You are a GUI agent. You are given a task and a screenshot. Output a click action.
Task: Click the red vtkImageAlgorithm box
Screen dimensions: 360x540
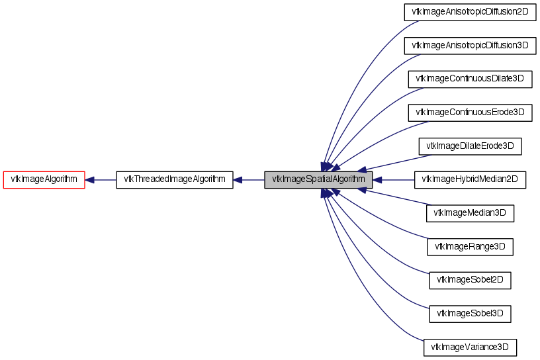pyautogui.click(x=44, y=180)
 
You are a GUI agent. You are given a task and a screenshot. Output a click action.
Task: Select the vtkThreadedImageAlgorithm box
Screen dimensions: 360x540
pyautogui.click(x=175, y=180)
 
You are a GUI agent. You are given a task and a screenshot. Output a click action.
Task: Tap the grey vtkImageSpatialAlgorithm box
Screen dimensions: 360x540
pyautogui.click(x=318, y=180)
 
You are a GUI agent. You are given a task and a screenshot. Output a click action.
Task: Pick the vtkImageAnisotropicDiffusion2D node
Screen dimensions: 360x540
pyautogui.click(x=470, y=12)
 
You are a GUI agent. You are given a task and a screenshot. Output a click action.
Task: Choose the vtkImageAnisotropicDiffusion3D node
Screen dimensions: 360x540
pyautogui.click(x=470, y=46)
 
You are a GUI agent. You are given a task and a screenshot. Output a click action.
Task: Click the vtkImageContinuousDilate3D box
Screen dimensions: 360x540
pyautogui.click(x=470, y=79)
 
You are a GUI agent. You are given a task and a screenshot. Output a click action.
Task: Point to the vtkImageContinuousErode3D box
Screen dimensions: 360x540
pyautogui.click(x=470, y=112)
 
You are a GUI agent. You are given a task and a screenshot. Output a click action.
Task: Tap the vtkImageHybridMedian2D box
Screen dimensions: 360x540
pyautogui.click(x=470, y=180)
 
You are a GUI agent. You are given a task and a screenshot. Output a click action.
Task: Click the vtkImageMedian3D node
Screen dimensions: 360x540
pyautogui.click(x=470, y=213)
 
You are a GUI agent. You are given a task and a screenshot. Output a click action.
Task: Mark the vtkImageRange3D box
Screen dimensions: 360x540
pyautogui.click(x=470, y=247)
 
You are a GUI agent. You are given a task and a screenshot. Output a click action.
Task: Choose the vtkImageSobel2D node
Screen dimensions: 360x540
pyautogui.click(x=470, y=280)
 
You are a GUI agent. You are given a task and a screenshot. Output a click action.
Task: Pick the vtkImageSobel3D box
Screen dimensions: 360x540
pyautogui.click(x=470, y=314)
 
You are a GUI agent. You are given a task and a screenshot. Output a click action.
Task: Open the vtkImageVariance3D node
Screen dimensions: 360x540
pyautogui.click(x=470, y=347)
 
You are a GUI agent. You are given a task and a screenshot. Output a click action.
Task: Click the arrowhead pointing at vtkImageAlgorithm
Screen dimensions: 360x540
pyautogui.click(x=90, y=180)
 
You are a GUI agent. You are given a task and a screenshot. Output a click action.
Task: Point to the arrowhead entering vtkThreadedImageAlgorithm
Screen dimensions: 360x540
pyautogui.click(x=238, y=180)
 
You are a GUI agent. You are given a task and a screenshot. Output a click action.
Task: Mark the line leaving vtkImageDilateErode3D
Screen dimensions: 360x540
pyautogui.click(x=397, y=162)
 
